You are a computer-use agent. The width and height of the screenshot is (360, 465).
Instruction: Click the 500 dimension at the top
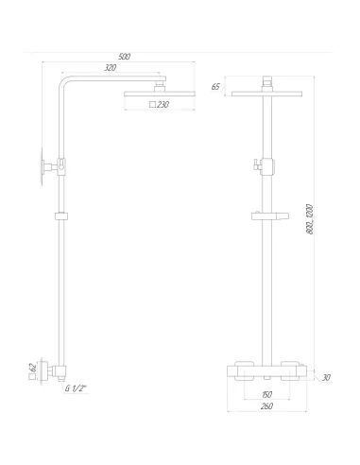tap(125, 57)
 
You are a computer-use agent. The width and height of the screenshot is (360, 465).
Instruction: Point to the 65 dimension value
tap(215, 87)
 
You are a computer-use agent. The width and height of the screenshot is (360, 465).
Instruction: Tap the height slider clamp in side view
tap(61, 216)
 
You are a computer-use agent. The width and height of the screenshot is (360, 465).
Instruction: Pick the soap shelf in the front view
tap(268, 216)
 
